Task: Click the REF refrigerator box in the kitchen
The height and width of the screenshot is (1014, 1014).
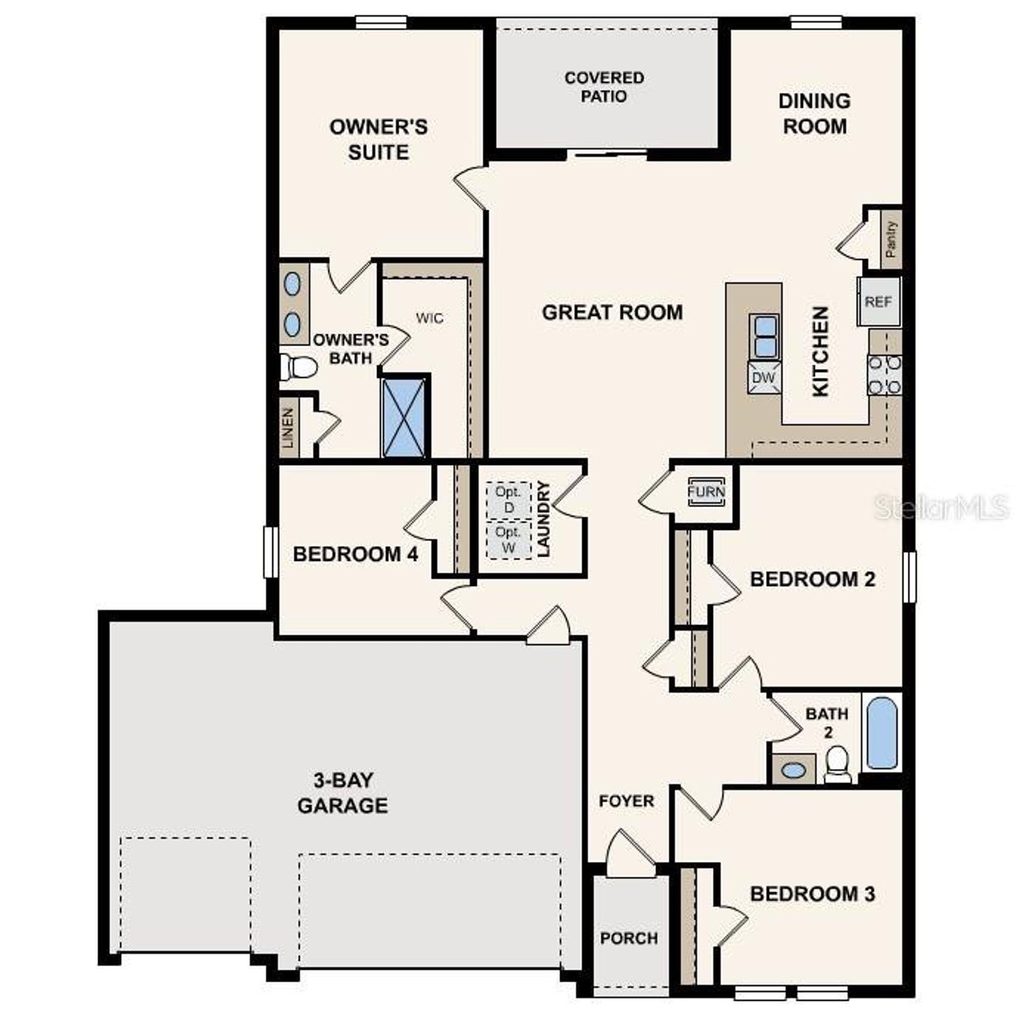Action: pos(879,302)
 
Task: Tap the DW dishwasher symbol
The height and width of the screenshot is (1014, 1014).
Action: pos(764,378)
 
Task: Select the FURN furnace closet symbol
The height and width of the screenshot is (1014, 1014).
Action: pos(705,491)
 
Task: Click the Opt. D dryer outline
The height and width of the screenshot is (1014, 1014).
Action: pos(508,499)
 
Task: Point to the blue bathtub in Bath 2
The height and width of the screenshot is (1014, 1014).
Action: pos(882,733)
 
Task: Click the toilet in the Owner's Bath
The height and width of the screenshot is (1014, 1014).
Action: pos(297,367)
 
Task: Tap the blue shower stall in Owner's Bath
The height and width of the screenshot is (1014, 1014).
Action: pos(404,417)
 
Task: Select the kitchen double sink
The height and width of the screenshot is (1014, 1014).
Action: pos(764,337)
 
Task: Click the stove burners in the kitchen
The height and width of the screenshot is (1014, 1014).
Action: pos(885,375)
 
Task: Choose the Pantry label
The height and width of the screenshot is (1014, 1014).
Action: pos(891,238)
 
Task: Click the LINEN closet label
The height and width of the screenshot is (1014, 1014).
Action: pos(288,429)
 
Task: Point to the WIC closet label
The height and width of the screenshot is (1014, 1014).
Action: pos(430,318)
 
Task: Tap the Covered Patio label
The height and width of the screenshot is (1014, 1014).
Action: pos(604,87)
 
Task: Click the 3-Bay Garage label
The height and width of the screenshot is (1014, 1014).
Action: pos(342,793)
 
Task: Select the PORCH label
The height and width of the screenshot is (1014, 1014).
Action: pos(629,939)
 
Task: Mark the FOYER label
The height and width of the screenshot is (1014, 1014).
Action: pos(627,802)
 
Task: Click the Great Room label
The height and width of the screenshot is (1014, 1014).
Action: pos(612,312)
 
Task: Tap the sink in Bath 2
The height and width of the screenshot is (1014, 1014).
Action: pos(793,768)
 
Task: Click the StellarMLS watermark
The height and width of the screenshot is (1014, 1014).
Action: pos(941,508)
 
